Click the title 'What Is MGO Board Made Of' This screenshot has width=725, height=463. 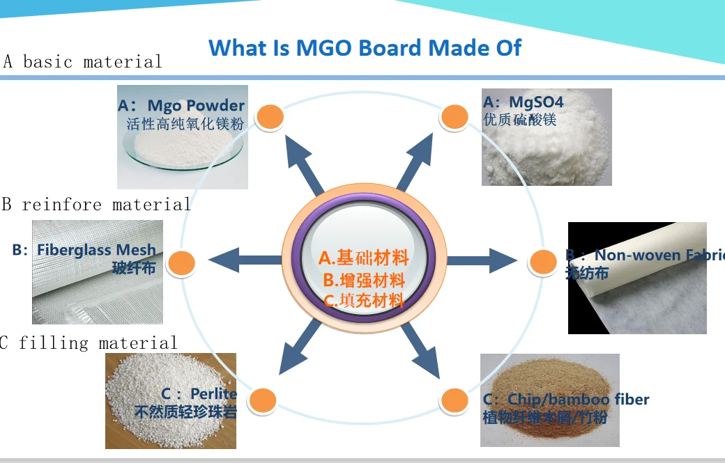tap(365, 48)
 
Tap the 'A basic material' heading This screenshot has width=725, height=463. tap(82, 62)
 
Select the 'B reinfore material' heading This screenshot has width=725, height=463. tap(96, 205)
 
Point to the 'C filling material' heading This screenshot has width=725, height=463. tap(89, 343)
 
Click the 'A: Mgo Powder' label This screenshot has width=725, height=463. tap(181, 106)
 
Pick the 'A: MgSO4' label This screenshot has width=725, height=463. tap(523, 102)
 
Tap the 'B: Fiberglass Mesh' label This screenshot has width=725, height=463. tap(84, 250)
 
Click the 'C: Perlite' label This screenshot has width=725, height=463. tap(199, 394)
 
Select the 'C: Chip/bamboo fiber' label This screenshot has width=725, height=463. tap(565, 400)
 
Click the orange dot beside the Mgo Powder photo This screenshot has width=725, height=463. tap(270, 116)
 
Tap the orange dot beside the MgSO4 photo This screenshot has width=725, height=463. tap(454, 117)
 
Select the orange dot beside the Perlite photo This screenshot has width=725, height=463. tap(263, 400)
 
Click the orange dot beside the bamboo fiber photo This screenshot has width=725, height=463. tap(454, 400)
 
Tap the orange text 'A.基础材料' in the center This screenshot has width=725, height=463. tap(363, 258)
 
